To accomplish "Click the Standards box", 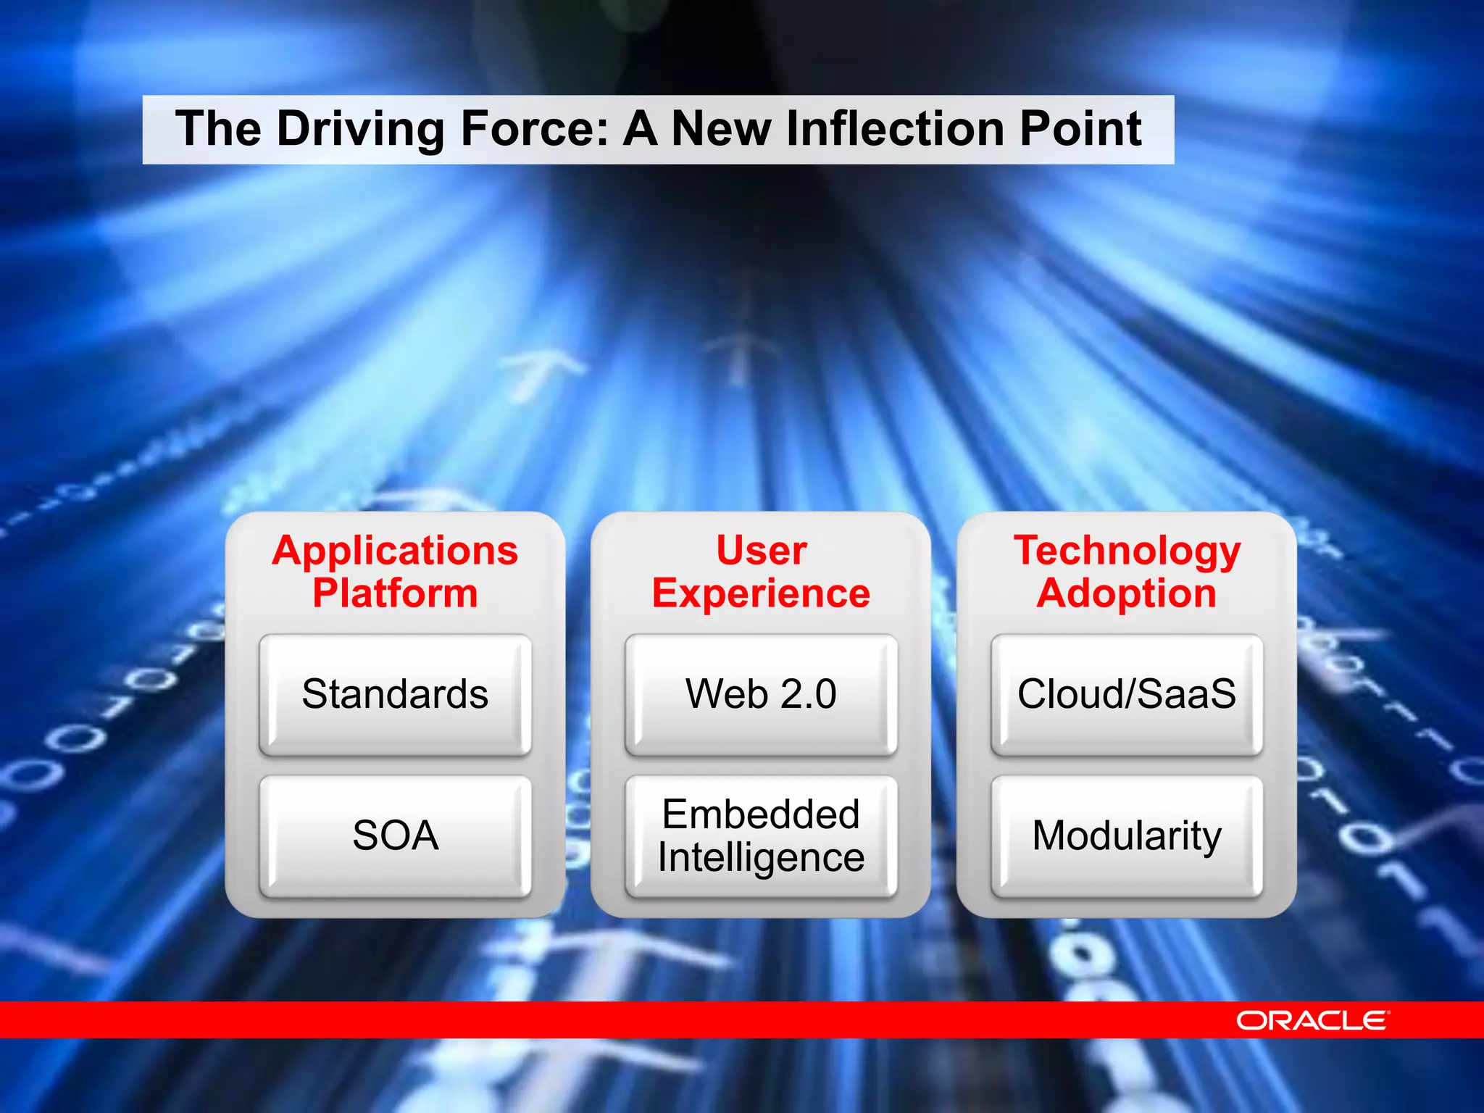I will (395, 694).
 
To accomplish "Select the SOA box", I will (395, 835).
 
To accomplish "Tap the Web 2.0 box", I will (761, 694).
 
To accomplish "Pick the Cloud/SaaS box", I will (1127, 694).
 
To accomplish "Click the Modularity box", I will (1127, 835).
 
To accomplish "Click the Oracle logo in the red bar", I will (1312, 1020).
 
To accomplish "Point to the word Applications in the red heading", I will (395, 551).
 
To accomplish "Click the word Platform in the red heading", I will (395, 593).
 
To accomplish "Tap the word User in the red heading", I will (761, 550).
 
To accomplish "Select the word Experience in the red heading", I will (761, 593).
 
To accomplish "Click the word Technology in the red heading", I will (1127, 551).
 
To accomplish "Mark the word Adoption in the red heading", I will (1127, 593).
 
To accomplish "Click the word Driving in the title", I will (360, 130).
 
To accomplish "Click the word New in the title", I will (722, 128).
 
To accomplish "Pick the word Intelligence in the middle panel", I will (761, 858).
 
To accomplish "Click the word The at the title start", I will (218, 128).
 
